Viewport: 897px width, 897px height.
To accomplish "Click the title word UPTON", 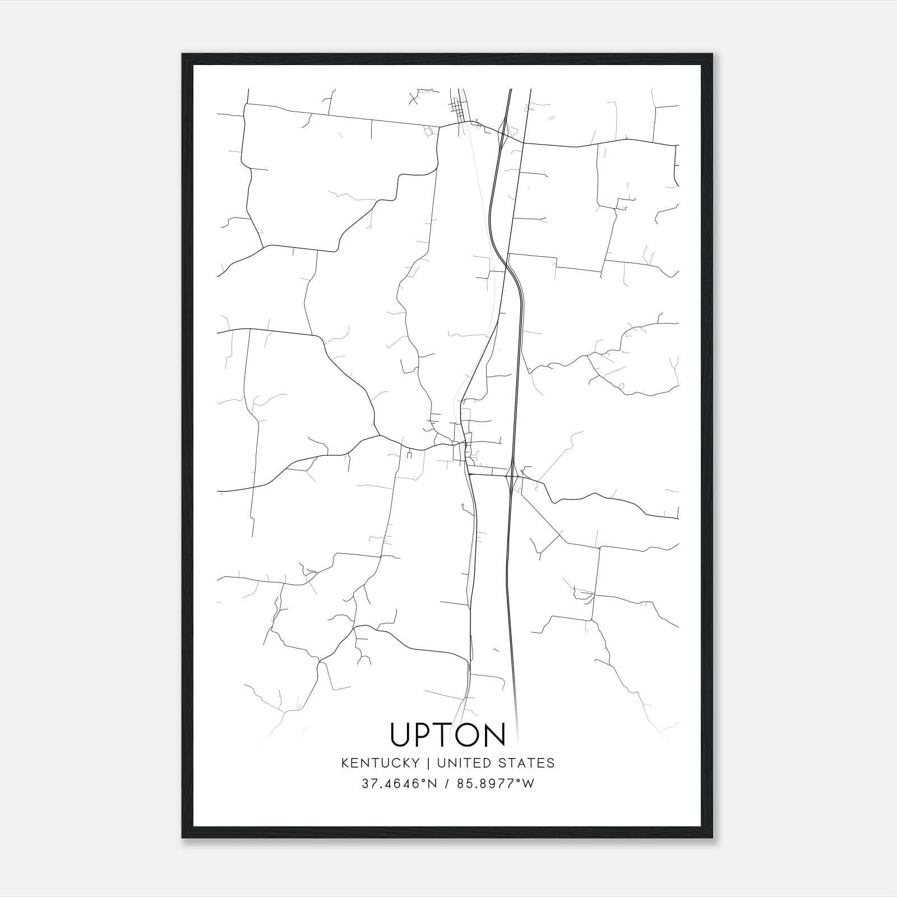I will point(448,735).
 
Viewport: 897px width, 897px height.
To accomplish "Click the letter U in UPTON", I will point(402,735).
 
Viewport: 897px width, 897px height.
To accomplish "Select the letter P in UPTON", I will point(426,735).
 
